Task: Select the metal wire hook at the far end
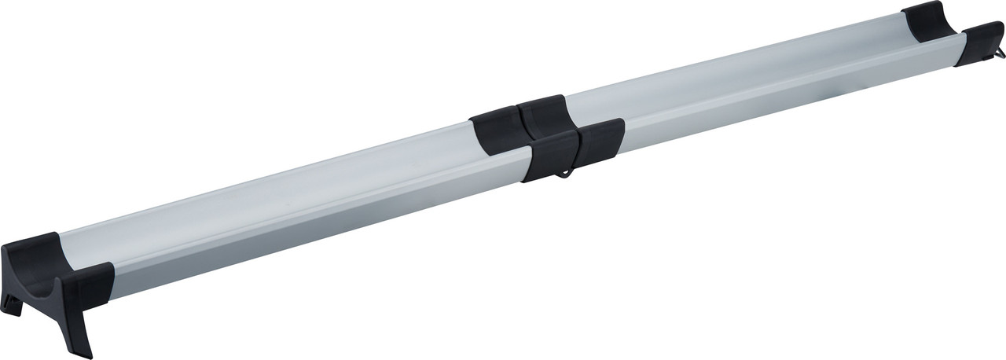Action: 999,53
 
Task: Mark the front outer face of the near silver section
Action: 314,228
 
